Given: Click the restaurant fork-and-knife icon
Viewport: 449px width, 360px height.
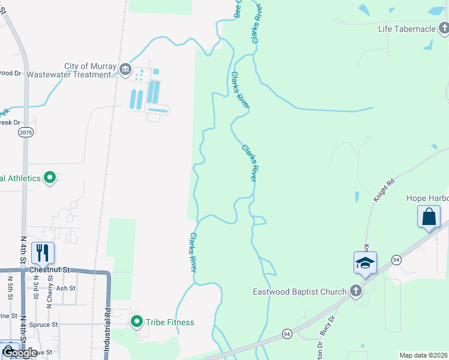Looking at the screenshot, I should pyautogui.click(x=42, y=253).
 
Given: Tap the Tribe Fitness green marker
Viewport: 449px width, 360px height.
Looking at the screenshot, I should pyautogui.click(x=137, y=322).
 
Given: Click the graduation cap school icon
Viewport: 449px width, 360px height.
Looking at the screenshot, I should pyautogui.click(x=365, y=262).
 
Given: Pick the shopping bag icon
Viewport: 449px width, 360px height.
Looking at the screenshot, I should pyautogui.click(x=429, y=217).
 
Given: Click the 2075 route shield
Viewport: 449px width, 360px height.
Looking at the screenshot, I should pyautogui.click(x=25, y=133).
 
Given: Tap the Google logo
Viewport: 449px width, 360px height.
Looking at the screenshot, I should pyautogui.click(x=19, y=353).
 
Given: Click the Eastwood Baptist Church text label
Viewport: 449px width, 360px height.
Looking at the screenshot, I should pyautogui.click(x=299, y=292).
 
